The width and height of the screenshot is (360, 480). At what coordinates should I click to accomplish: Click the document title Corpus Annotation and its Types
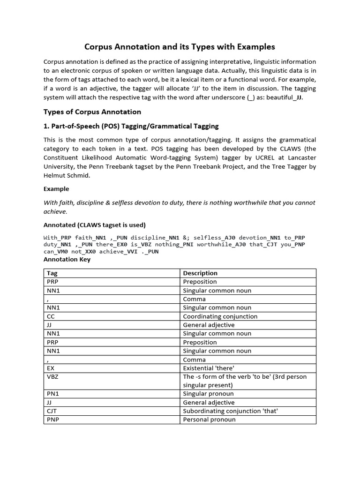click(x=180, y=47)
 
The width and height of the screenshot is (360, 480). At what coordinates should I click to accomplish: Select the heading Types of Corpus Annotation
click(x=92, y=112)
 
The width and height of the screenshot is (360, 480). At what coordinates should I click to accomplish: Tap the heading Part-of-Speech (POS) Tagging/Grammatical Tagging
click(x=131, y=127)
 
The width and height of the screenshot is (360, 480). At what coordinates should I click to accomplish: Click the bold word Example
click(x=56, y=189)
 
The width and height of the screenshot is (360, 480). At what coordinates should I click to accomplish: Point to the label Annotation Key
click(x=67, y=259)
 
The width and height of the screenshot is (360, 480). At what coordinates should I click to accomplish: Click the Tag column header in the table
click(x=52, y=273)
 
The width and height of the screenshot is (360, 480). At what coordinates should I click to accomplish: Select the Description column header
click(x=200, y=273)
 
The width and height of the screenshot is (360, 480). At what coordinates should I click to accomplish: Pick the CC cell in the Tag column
click(x=51, y=316)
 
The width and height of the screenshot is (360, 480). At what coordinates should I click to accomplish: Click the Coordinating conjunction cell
click(x=220, y=316)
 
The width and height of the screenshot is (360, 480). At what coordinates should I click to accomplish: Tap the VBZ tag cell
click(x=52, y=377)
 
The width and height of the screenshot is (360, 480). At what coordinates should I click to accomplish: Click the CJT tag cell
click(x=52, y=411)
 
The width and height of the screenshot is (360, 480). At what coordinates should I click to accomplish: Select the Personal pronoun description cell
click(x=209, y=420)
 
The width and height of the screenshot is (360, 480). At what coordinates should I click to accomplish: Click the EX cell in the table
click(x=51, y=368)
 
